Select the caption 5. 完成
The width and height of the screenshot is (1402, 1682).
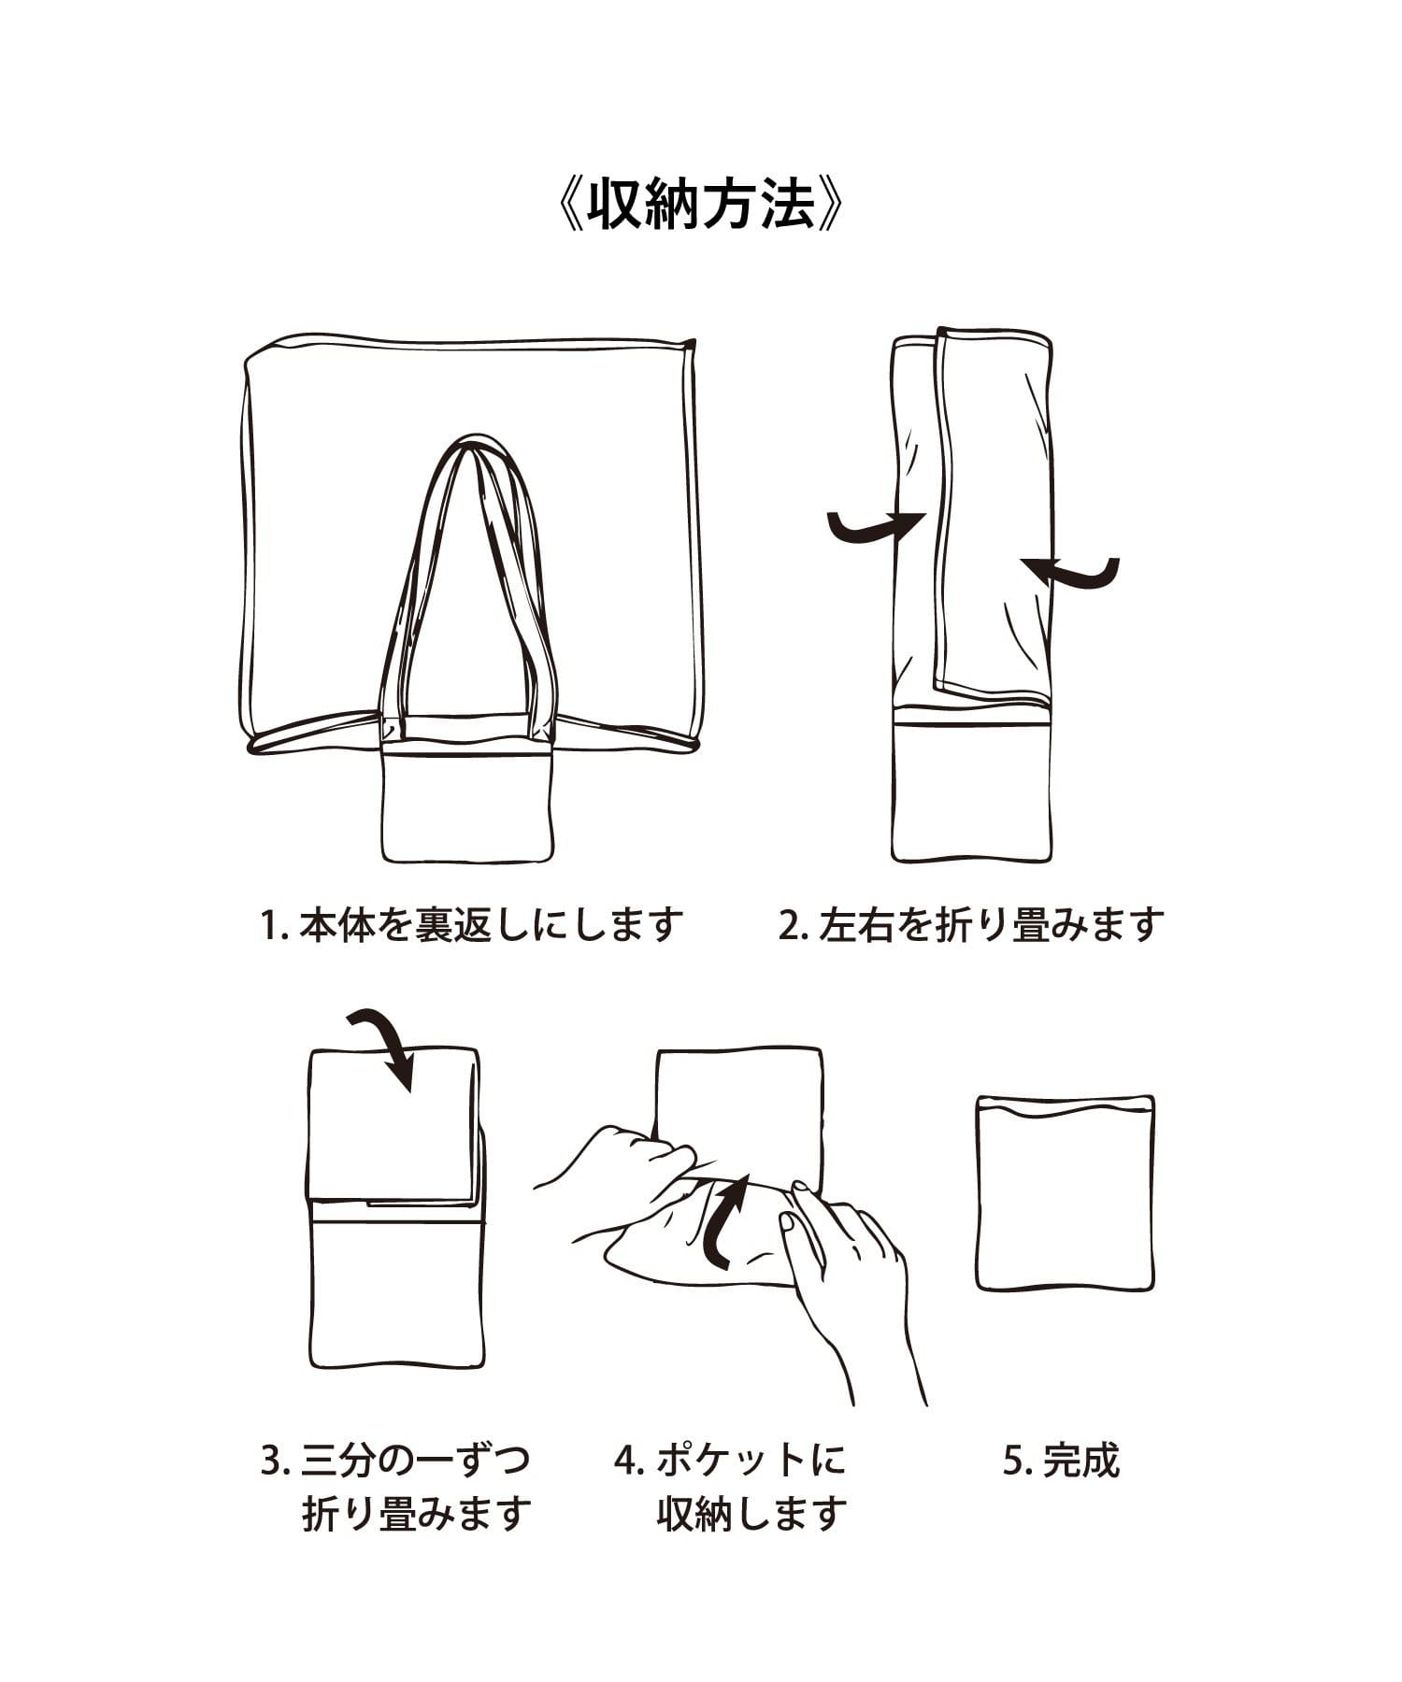coord(1061,1461)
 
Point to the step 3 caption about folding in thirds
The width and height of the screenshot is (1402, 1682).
coord(396,1487)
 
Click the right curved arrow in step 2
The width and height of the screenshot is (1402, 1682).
coord(1070,573)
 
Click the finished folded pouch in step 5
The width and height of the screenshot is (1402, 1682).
coord(1066,1193)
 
